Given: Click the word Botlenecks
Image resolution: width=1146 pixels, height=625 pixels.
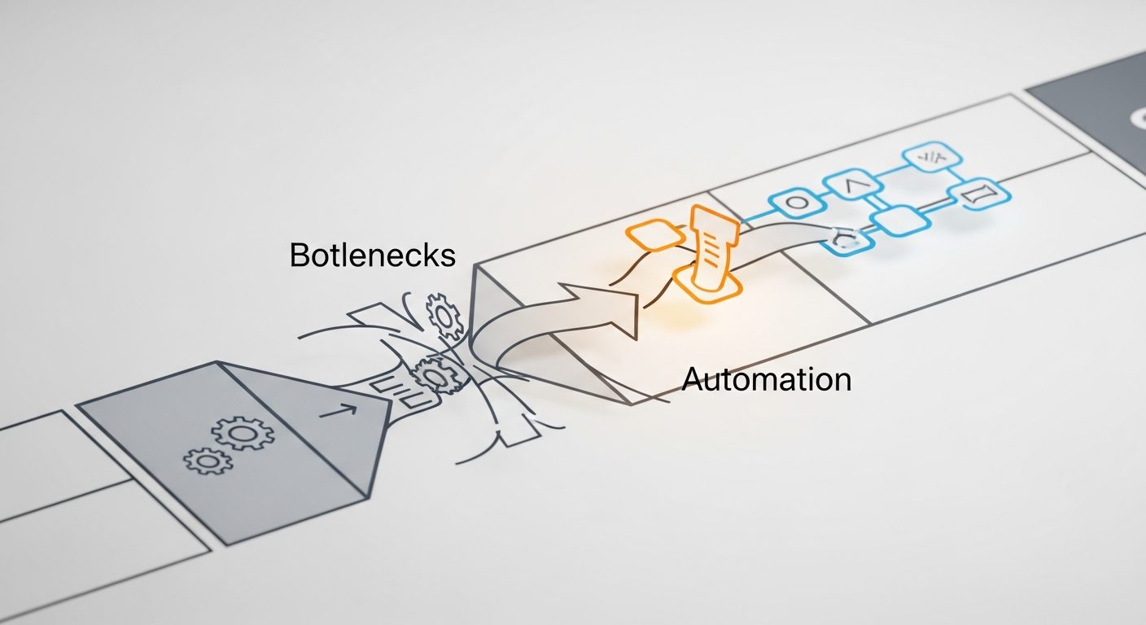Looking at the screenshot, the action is [x=372, y=254].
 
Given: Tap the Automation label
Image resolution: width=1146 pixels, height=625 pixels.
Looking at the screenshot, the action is [x=767, y=379].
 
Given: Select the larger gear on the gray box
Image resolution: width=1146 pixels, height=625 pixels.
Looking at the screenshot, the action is [x=243, y=433].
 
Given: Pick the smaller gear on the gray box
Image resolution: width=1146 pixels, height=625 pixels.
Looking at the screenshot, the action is [x=208, y=461].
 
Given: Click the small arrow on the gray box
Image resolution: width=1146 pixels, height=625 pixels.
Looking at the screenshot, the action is [x=338, y=409].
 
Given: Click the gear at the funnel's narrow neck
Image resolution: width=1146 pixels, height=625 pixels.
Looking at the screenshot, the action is [x=438, y=376].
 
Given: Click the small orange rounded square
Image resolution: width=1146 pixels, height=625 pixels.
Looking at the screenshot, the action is [x=655, y=235].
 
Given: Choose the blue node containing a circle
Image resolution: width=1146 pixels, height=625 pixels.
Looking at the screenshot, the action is [x=797, y=203].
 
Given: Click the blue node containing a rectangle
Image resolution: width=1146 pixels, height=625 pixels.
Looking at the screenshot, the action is [x=979, y=195].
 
